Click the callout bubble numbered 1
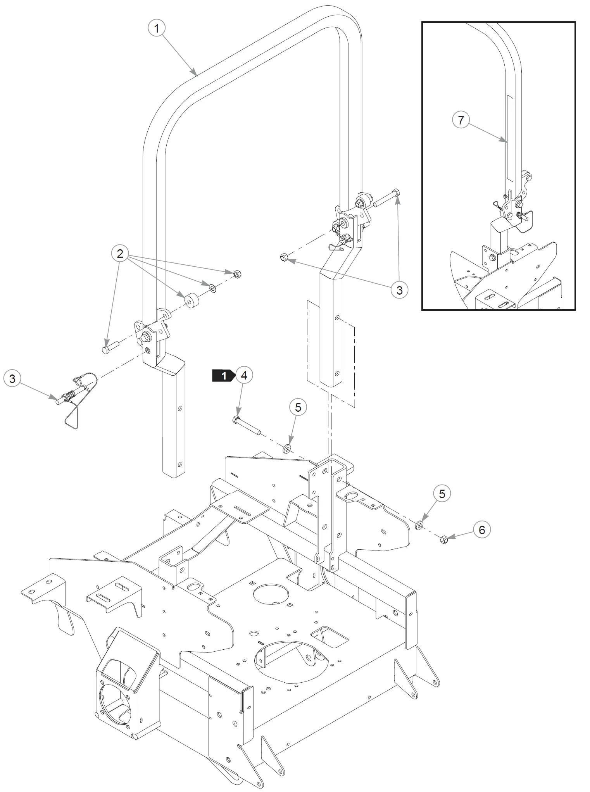click(x=157, y=28)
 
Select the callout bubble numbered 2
click(x=120, y=254)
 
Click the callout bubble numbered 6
click(x=482, y=530)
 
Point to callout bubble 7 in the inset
click(x=461, y=120)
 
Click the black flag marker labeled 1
click(x=224, y=376)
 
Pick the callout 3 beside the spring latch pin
click(x=12, y=378)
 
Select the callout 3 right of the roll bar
click(x=399, y=290)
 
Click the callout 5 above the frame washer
click(x=298, y=407)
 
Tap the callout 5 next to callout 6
click(x=442, y=493)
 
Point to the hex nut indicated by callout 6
click(x=444, y=539)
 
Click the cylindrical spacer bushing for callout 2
click(x=191, y=300)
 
